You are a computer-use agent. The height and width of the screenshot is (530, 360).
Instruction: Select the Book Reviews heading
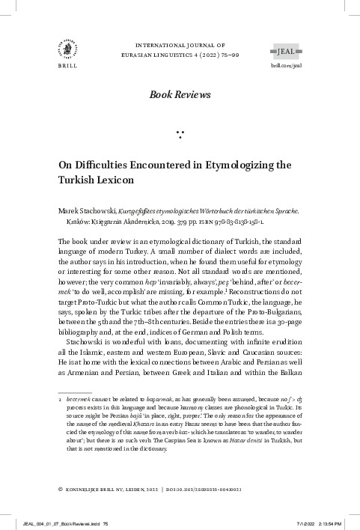pos(180,94)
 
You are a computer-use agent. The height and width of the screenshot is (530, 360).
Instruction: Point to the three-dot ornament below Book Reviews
pos(180,135)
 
